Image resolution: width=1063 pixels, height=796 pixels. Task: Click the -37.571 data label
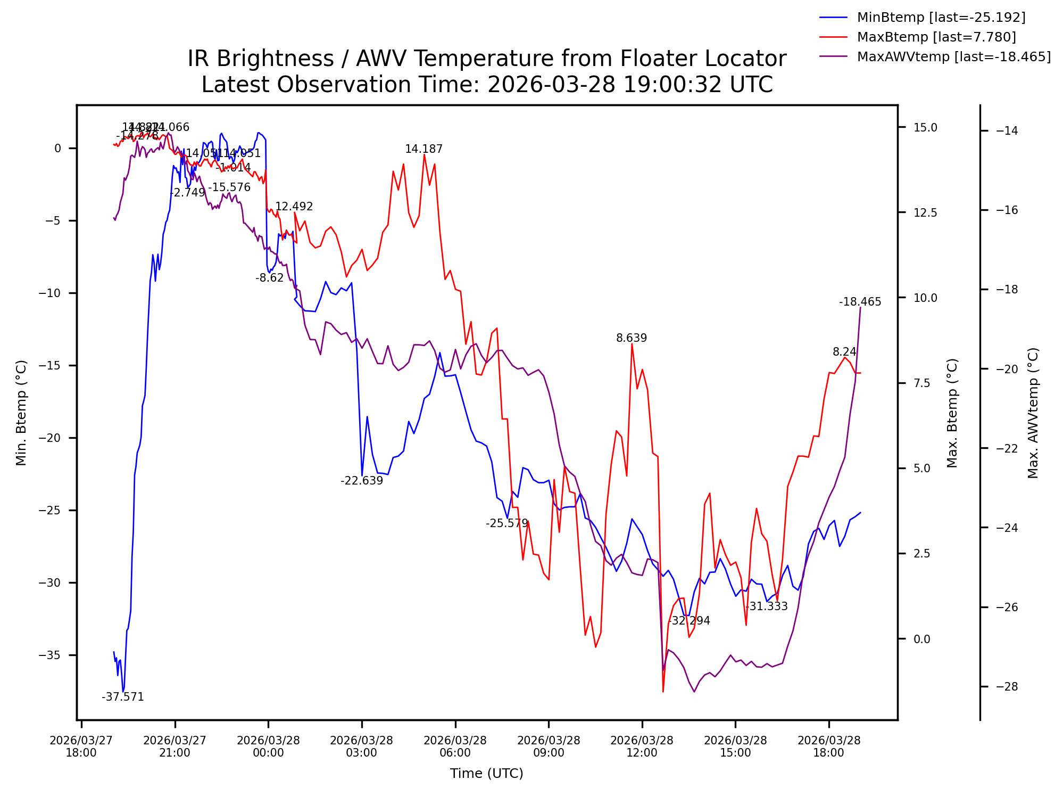tap(123, 697)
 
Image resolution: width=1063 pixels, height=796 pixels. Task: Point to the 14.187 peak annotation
tap(423, 150)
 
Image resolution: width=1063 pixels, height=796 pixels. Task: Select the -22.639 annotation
tap(362, 481)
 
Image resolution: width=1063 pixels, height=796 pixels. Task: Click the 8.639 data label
tap(632, 339)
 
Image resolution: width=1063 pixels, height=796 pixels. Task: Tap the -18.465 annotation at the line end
tap(860, 302)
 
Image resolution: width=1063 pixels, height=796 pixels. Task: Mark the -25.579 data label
tap(506, 523)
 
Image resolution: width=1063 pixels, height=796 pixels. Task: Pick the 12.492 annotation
tap(294, 207)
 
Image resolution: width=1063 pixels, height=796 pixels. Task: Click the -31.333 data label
tap(766, 606)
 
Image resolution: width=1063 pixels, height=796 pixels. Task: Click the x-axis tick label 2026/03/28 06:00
tap(455, 746)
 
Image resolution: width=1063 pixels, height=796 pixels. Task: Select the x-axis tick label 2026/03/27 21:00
tap(175, 746)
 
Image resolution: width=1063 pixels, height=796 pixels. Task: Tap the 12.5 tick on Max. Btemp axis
tap(925, 213)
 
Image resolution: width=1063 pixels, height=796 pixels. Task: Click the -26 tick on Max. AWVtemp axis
tap(1007, 608)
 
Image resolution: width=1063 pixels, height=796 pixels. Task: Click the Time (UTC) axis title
tap(487, 774)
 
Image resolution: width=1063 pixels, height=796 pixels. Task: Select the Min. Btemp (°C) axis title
tap(21, 413)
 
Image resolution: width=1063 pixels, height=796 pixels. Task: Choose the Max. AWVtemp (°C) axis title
tap(1033, 413)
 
